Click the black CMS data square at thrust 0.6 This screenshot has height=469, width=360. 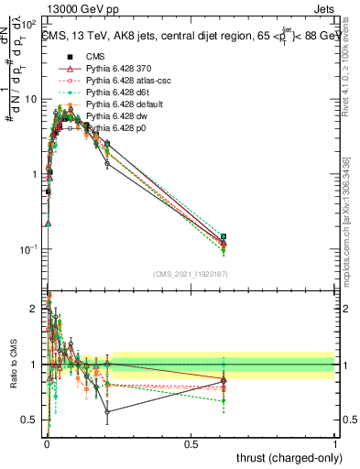tap(223, 236)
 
